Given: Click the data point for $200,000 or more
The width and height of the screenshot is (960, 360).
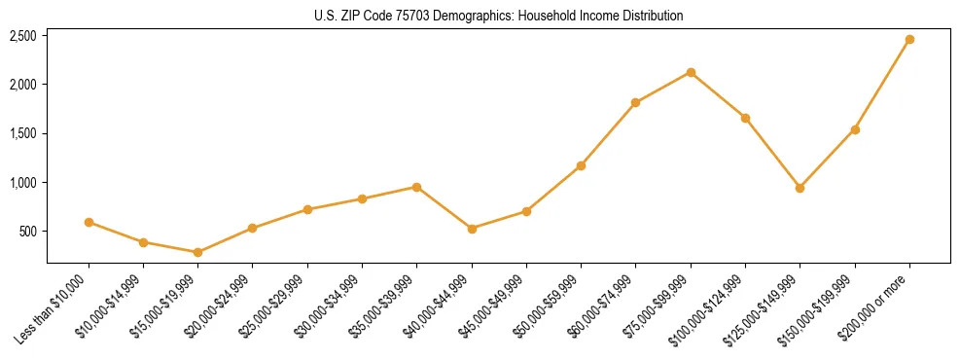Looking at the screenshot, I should coord(909,40).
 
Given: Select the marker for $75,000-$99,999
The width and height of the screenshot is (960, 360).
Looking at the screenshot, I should coord(691,72).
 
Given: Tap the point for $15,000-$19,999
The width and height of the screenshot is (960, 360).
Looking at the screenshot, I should coord(198,252).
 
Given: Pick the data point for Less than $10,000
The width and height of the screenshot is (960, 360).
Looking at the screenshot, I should coord(89,222).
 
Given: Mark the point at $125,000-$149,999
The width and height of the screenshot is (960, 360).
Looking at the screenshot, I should coord(800,188).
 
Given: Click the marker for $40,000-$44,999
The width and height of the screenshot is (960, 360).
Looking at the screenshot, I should coord(472,229).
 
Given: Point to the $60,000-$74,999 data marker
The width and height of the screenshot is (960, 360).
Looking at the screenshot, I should coord(636,102).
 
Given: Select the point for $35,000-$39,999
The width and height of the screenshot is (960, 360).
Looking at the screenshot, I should coord(417,187).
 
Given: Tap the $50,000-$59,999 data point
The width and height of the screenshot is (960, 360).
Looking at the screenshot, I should coord(581,165).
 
